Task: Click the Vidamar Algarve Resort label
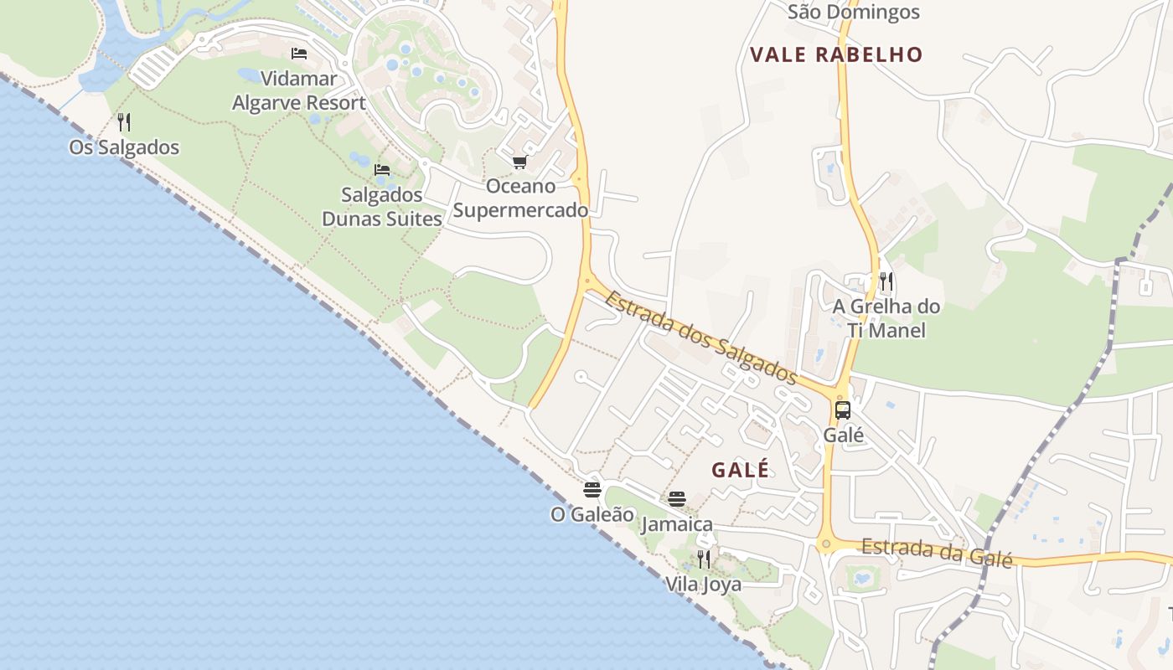pyautogui.click(x=298, y=91)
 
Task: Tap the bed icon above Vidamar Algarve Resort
pyautogui.click(x=298, y=54)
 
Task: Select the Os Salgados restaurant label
pyautogui.click(x=124, y=147)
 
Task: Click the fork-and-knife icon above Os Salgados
pyautogui.click(x=124, y=122)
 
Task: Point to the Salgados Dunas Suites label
pyautogui.click(x=382, y=207)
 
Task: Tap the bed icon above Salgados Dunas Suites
pyautogui.click(x=382, y=169)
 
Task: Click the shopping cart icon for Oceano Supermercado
pyautogui.click(x=520, y=162)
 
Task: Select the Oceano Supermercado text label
pyautogui.click(x=520, y=198)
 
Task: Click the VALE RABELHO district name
pyautogui.click(x=836, y=55)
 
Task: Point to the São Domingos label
pyautogui.click(x=854, y=12)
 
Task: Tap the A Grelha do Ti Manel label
pyautogui.click(x=886, y=318)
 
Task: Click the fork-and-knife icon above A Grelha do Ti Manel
pyautogui.click(x=886, y=281)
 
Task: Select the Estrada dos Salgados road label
pyautogui.click(x=700, y=338)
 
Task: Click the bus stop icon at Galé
pyautogui.click(x=843, y=410)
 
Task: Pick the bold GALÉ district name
pyautogui.click(x=740, y=470)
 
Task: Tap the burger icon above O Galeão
pyautogui.click(x=592, y=489)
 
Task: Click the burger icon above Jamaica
pyautogui.click(x=677, y=499)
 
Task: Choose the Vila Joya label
pyautogui.click(x=704, y=584)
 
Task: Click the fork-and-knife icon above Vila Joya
pyautogui.click(x=704, y=559)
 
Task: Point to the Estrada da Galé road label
pyautogui.click(x=937, y=553)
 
